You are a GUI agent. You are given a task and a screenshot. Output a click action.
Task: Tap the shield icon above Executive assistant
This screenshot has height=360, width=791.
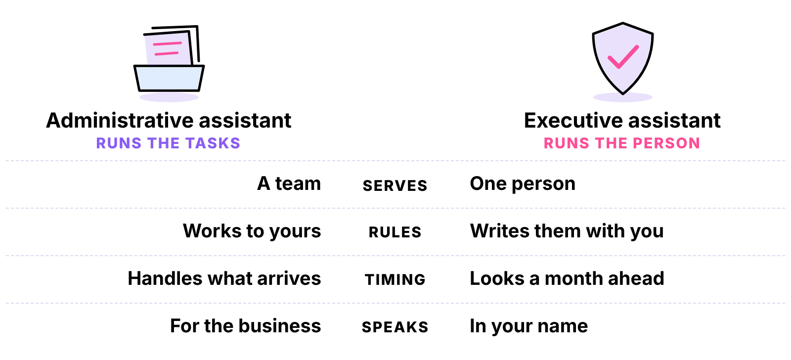[x=622, y=58]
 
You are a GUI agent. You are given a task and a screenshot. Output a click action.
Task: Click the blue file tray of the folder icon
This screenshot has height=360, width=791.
[x=169, y=78]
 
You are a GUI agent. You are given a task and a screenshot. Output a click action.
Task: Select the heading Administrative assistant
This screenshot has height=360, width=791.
[x=169, y=121]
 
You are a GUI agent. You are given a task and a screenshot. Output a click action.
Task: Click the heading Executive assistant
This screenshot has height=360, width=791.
[x=622, y=121]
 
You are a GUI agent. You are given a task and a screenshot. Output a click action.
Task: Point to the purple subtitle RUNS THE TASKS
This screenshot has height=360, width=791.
[x=168, y=143]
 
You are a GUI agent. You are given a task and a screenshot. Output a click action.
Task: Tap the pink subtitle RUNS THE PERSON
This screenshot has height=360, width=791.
[x=622, y=143]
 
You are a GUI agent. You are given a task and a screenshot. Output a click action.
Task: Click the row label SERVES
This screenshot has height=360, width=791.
[x=395, y=185]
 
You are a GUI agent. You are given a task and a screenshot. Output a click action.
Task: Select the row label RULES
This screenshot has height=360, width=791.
[x=395, y=232]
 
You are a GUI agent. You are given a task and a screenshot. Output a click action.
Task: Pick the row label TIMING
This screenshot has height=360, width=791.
[x=395, y=279]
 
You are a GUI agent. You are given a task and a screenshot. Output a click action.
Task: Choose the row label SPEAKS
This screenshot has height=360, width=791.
[x=395, y=327]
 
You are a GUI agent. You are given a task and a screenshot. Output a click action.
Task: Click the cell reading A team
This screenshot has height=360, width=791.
[x=289, y=183]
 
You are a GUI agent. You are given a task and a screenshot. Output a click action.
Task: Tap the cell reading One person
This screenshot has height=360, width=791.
[x=523, y=184]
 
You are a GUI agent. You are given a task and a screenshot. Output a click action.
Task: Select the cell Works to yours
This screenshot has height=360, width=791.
[x=252, y=231]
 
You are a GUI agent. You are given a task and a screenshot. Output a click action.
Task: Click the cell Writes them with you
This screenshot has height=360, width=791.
[x=567, y=231]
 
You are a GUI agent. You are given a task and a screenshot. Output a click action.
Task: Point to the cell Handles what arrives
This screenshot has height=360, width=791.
[x=224, y=278]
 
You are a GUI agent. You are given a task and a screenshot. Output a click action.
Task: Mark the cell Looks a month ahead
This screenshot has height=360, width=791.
[x=567, y=278]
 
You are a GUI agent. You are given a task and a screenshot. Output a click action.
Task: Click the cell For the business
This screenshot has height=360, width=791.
[x=245, y=325]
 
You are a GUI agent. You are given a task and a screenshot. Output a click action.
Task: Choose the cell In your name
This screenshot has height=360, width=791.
[x=529, y=326]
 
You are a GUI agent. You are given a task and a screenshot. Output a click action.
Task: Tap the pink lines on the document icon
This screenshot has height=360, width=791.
[x=167, y=49]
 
